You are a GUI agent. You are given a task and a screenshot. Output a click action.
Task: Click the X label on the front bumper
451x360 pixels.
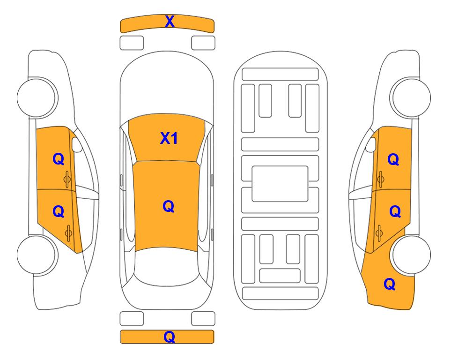point(170,22)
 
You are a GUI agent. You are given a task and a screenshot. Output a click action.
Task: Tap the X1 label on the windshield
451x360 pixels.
point(169,139)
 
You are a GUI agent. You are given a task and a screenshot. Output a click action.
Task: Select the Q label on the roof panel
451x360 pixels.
point(169,207)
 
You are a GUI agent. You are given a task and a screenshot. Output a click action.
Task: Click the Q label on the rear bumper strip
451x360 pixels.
point(169,337)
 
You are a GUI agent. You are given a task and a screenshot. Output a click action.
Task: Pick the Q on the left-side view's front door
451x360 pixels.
point(58,159)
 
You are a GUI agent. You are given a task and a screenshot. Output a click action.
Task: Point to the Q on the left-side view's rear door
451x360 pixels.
point(58,212)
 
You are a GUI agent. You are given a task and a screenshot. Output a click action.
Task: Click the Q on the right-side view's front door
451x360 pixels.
point(393,159)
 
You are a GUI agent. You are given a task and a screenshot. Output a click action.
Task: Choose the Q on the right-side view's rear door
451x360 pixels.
point(395,212)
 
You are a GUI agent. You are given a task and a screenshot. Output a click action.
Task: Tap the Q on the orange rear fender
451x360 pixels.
point(390,284)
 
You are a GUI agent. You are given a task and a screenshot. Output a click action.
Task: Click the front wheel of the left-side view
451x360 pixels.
point(37,97)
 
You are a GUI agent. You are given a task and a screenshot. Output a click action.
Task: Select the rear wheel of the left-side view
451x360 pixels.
point(37,255)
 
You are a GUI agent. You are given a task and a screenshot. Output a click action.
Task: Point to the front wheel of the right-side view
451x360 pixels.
point(411,97)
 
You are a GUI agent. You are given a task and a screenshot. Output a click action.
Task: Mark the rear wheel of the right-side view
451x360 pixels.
point(412,255)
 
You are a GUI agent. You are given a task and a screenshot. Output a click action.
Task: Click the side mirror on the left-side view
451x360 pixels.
point(76,144)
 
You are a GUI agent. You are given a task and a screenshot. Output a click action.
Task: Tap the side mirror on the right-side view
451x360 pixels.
point(371,144)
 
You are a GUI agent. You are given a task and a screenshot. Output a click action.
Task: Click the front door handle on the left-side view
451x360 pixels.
point(67,179)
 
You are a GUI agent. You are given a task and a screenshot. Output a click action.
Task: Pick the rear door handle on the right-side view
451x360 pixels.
point(379,233)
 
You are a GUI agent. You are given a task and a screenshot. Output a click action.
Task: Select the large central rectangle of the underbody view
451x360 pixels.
point(280,184)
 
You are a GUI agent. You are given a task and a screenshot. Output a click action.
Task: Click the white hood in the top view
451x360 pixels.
point(167,86)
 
